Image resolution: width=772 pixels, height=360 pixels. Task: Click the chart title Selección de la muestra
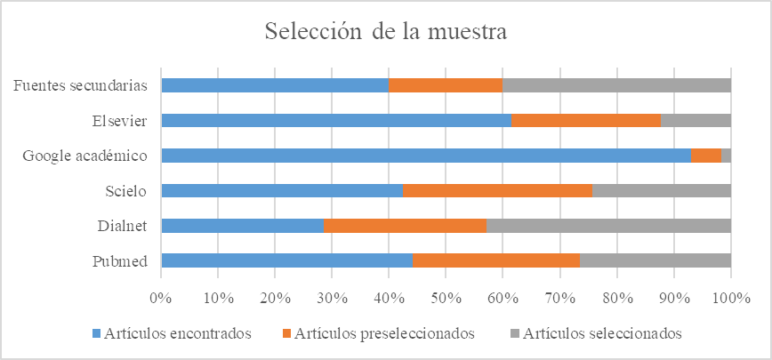click(x=386, y=33)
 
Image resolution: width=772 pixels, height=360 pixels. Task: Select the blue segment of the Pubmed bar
click(x=286, y=260)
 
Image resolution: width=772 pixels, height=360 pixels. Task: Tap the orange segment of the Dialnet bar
click(x=405, y=225)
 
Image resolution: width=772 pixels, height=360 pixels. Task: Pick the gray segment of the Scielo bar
click(x=661, y=190)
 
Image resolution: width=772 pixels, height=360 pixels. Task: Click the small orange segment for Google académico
click(x=706, y=156)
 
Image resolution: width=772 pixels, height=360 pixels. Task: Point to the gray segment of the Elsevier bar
click(x=696, y=120)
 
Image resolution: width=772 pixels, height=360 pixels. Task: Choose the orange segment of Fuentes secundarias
click(x=446, y=85)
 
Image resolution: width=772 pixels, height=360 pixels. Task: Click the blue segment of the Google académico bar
click(x=426, y=156)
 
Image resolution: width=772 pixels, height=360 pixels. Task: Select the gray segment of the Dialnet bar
click(x=608, y=225)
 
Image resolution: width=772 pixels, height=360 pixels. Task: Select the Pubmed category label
click(x=125, y=260)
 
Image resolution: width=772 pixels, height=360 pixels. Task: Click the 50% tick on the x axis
click(x=446, y=296)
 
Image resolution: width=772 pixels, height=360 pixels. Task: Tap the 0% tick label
click(x=160, y=296)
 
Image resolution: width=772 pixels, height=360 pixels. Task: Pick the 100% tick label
click(x=730, y=296)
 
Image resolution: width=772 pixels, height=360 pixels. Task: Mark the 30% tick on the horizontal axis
click(x=332, y=296)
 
